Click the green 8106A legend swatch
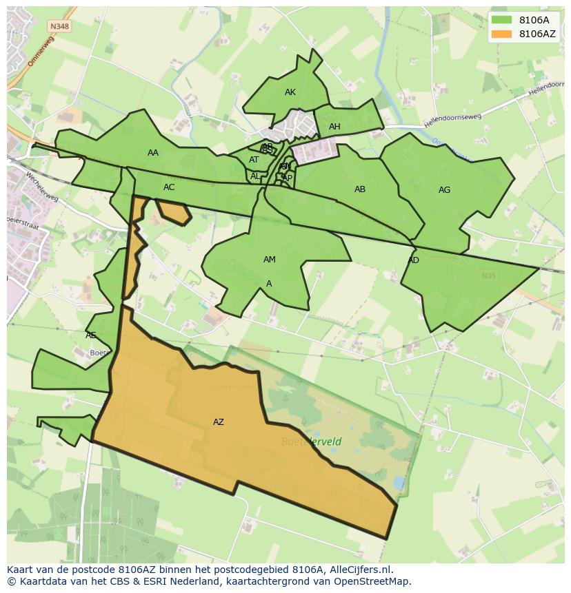pyautogui.click(x=502, y=20)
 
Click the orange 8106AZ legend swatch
pyautogui.click(x=502, y=34)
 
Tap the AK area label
pyautogui.click(x=290, y=92)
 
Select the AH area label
pyautogui.click(x=334, y=127)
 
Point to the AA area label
pyautogui.click(x=153, y=153)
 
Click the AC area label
pyautogui.click(x=169, y=187)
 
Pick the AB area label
pyautogui.click(x=360, y=189)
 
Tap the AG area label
pyautogui.click(x=444, y=190)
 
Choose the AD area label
pyautogui.click(x=414, y=260)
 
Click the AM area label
pyautogui.click(x=270, y=260)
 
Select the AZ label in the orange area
pyautogui.click(x=219, y=422)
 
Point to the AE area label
pyautogui.click(x=91, y=335)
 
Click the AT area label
pyautogui.click(x=254, y=160)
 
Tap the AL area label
pyautogui.click(x=255, y=176)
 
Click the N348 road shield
pyautogui.click(x=59, y=26)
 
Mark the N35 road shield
pyautogui.click(x=488, y=276)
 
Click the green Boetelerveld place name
pyautogui.click(x=311, y=441)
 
